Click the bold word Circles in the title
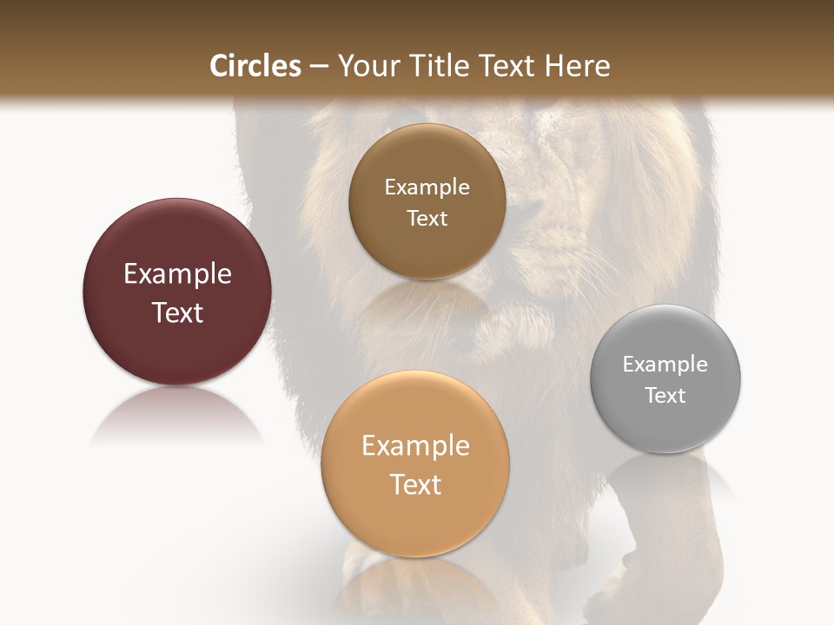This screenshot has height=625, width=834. click(x=255, y=66)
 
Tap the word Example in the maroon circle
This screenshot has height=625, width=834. click(x=177, y=274)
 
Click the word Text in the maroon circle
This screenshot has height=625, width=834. click(x=177, y=312)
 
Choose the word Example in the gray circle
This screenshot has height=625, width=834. click(x=665, y=365)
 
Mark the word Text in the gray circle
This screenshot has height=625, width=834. click(x=665, y=396)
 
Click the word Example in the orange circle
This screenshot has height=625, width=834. click(x=415, y=446)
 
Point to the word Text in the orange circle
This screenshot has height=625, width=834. click(x=415, y=484)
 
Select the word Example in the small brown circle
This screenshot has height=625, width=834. click(x=427, y=187)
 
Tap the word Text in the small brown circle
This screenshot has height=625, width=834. click(x=427, y=219)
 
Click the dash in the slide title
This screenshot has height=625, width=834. click(x=319, y=67)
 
